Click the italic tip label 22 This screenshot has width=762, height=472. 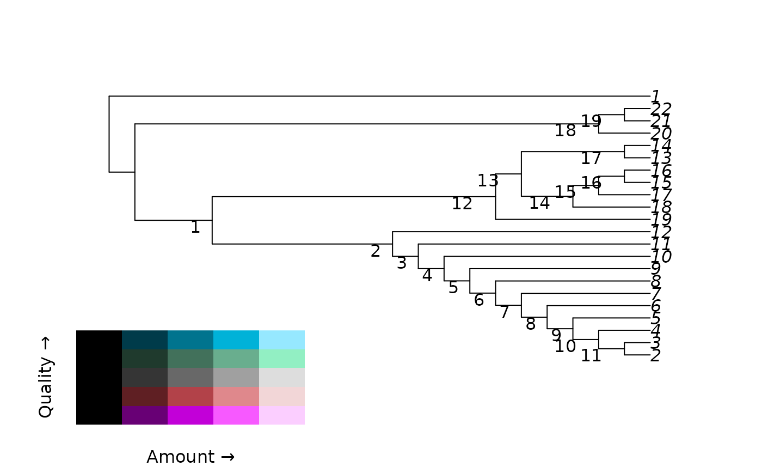[661, 108]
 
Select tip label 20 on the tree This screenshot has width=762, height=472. [661, 134]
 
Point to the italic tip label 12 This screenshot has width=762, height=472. [661, 232]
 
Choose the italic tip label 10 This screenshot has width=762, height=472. [661, 257]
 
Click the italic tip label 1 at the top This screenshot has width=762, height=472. [655, 96]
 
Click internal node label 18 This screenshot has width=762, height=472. [565, 131]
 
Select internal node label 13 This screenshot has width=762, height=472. [488, 180]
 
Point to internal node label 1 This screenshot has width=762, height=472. [195, 227]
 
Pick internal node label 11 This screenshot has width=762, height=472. [591, 356]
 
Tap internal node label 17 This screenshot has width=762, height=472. [591, 159]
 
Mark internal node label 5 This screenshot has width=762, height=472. [453, 288]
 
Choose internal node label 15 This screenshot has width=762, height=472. [565, 192]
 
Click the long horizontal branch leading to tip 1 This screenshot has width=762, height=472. [376, 96]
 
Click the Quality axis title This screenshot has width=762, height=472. [46, 377]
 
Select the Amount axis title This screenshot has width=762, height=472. [190, 457]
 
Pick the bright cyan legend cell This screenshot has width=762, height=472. [236, 340]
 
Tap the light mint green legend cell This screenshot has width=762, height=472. [282, 359]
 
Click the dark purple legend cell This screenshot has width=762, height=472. [145, 415]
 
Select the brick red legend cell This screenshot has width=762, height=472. [190, 396]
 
